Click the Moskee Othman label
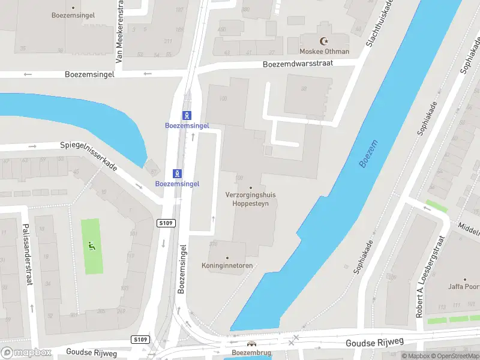click(325, 52)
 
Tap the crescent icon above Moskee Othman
click(325, 41)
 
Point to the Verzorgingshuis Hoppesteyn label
click(251, 199)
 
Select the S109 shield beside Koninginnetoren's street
click(166, 223)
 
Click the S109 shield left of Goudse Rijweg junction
click(140, 340)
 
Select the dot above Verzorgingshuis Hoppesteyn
click(251, 187)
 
